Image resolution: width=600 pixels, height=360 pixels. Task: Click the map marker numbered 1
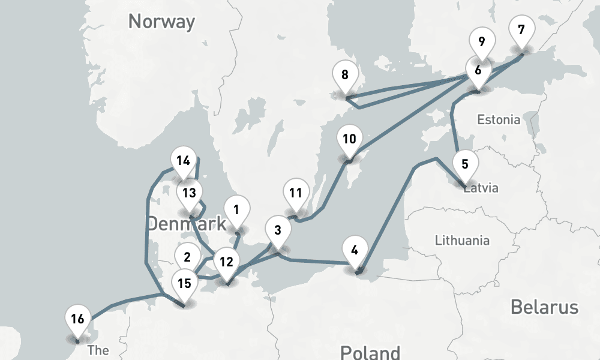click(236, 211)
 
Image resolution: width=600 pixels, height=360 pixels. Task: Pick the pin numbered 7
click(521, 29)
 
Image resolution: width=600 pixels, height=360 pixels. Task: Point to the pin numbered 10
click(349, 139)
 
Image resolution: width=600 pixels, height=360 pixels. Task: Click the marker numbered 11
click(295, 193)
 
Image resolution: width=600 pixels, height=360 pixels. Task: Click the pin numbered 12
click(226, 262)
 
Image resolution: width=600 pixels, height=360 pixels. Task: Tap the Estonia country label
click(499, 119)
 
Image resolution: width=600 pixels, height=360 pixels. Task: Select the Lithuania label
click(462, 241)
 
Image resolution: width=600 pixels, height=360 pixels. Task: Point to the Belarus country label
click(544, 307)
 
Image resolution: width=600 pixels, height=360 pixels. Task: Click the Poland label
click(370, 352)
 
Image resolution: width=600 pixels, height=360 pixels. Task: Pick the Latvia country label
click(482, 188)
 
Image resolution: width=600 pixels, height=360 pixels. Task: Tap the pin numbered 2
click(187, 257)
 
